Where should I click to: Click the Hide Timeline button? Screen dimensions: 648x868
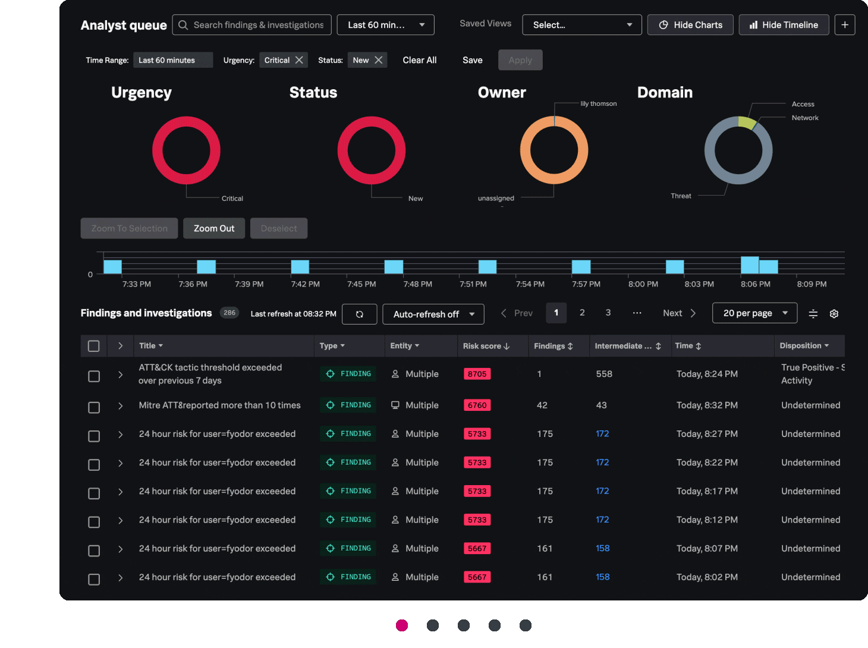(x=784, y=25)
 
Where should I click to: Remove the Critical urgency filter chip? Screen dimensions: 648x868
(x=299, y=60)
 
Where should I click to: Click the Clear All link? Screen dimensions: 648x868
(x=419, y=60)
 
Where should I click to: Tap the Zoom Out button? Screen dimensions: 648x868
(x=214, y=228)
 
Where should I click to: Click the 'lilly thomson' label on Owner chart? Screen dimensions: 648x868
(x=598, y=103)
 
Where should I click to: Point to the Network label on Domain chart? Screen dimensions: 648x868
(x=805, y=118)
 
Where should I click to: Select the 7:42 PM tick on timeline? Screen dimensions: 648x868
(x=305, y=284)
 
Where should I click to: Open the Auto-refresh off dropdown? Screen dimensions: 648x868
(x=433, y=314)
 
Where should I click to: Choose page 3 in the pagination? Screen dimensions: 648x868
(x=608, y=313)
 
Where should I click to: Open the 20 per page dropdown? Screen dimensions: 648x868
(x=754, y=313)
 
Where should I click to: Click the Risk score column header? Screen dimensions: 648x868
(x=486, y=346)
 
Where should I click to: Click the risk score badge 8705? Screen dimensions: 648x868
(x=477, y=374)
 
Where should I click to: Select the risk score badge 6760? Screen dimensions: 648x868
(x=477, y=405)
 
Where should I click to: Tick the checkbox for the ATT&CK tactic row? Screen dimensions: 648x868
(x=94, y=376)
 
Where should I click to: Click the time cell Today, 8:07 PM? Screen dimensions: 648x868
(x=707, y=548)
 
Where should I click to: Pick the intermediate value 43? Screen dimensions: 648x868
(x=601, y=405)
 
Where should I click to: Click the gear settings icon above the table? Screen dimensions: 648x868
(x=834, y=314)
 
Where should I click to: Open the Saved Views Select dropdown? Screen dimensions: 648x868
(x=581, y=25)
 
